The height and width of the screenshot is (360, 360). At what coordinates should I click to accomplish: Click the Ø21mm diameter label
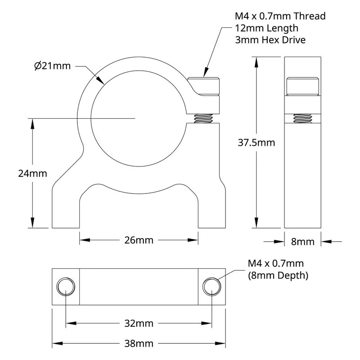click(52, 66)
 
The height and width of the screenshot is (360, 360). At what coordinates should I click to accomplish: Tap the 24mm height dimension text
click(32, 173)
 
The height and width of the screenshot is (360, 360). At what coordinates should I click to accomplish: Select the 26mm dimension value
click(139, 240)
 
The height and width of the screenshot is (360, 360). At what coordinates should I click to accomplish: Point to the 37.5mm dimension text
click(256, 143)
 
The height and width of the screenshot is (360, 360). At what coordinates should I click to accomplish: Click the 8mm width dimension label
click(302, 242)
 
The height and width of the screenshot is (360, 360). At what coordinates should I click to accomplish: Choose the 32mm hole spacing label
click(139, 324)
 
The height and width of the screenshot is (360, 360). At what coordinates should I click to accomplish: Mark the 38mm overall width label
click(139, 344)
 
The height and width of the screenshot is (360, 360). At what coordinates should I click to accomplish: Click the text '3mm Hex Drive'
click(270, 40)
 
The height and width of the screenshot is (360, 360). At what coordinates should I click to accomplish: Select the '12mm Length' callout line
click(266, 28)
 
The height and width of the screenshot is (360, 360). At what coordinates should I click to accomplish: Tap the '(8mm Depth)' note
click(278, 275)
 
